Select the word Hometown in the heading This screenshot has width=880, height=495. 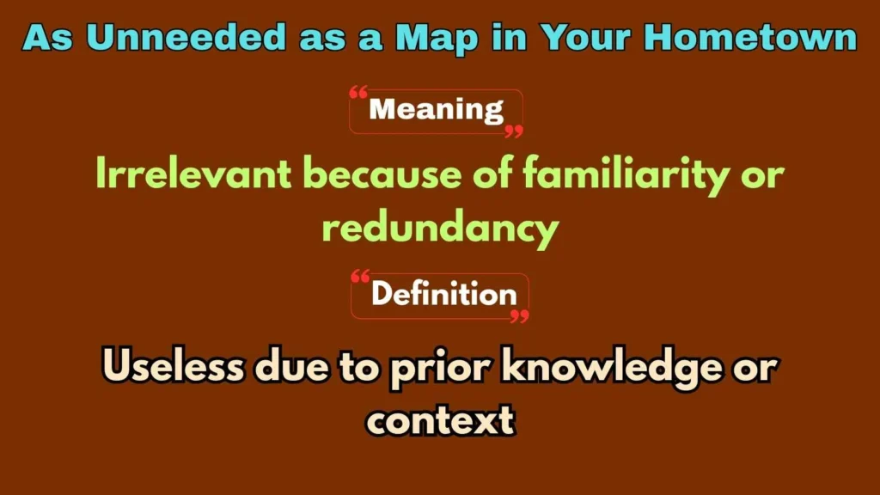tap(750, 38)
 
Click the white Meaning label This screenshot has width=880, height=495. tap(436, 111)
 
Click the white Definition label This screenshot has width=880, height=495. tap(443, 295)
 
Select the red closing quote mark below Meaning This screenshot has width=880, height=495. tap(513, 131)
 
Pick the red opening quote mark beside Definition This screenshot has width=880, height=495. tap(362, 277)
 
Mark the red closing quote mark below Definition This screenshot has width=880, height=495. tap(519, 316)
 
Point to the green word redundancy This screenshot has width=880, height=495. tap(439, 229)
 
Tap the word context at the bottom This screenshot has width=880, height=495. tap(440, 421)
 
